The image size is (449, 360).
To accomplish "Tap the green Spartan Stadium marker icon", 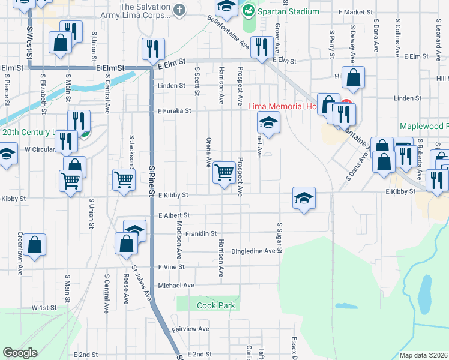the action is point(248,10).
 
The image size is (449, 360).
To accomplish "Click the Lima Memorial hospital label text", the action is point(282,106).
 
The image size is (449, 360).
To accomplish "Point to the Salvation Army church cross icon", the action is point(179,10).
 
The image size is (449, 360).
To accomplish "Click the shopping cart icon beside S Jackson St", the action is point(123,178).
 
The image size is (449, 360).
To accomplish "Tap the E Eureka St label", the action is point(174,111).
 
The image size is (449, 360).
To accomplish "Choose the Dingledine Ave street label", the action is point(256,251).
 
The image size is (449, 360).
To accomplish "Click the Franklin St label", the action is point(200,233).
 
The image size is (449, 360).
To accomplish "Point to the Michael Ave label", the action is point(176,286).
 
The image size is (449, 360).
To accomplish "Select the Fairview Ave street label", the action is point(190,329).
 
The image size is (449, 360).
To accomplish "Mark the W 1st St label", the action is point(44,307).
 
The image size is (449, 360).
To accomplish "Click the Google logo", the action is point(20,353).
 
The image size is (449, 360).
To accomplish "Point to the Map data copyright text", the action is point(424,355).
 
